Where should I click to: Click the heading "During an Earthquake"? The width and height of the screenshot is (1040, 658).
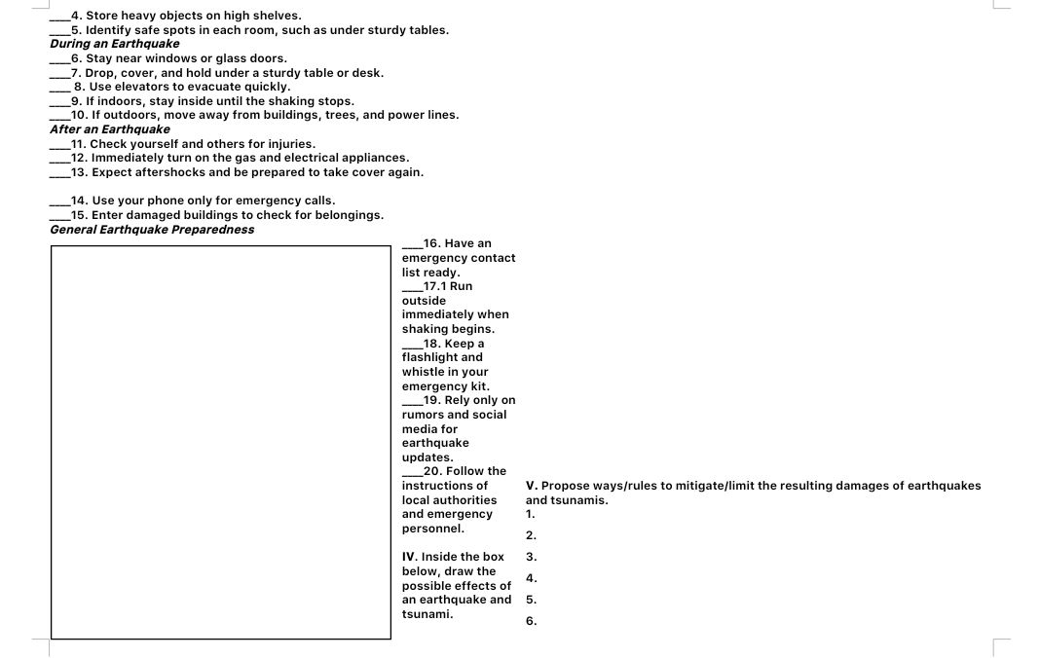pos(115,44)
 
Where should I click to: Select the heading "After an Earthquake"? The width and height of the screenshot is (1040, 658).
pos(110,129)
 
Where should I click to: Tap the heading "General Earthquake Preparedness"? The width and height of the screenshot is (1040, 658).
pos(152,230)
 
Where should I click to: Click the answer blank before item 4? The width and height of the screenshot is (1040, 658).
pos(60,16)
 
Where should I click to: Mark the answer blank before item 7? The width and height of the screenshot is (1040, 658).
pos(60,73)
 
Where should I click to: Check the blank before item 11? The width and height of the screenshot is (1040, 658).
pos(60,144)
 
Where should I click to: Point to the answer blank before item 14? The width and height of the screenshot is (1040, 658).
pos(60,201)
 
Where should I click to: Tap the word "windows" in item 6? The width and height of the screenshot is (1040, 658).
pos(169,58)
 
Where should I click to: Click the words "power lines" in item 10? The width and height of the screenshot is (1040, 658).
pos(424,115)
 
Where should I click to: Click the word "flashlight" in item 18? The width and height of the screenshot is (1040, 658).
pos(430,357)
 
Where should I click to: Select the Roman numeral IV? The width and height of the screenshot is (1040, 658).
pos(410,557)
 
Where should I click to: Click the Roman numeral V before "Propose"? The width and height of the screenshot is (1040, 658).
pos(531,486)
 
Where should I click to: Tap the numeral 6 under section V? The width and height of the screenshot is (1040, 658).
pos(531,621)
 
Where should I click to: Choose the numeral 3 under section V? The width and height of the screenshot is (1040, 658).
pos(531,557)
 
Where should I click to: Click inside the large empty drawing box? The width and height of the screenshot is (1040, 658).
pos(221,442)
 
